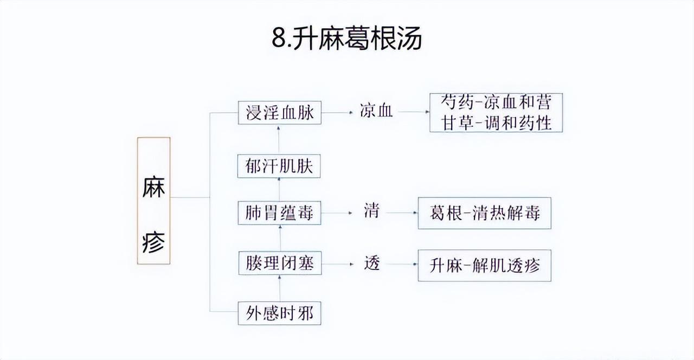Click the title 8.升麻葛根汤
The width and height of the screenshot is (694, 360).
click(x=347, y=38)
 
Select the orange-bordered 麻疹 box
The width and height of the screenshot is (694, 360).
click(x=153, y=201)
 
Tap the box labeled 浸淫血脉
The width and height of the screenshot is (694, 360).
click(x=280, y=112)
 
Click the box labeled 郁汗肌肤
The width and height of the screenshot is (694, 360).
click(x=279, y=165)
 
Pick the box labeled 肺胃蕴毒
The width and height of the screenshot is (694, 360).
click(x=279, y=212)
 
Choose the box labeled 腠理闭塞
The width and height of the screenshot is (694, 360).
click(x=279, y=264)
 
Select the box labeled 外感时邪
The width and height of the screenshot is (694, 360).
click(x=279, y=313)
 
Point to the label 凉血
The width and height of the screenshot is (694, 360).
click(x=376, y=112)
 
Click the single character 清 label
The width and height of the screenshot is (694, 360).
click(x=372, y=212)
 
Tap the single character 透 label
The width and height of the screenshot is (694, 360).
click(x=372, y=264)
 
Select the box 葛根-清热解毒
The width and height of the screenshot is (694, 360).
click(x=484, y=213)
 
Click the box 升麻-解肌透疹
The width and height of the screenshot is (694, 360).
click(x=484, y=265)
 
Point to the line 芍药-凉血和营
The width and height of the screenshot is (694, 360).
click(x=496, y=103)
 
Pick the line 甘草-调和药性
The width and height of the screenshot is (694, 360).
click(x=496, y=123)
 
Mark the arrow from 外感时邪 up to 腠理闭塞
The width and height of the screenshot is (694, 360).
click(x=280, y=288)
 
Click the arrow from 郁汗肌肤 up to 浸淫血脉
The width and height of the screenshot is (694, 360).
click(x=280, y=139)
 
